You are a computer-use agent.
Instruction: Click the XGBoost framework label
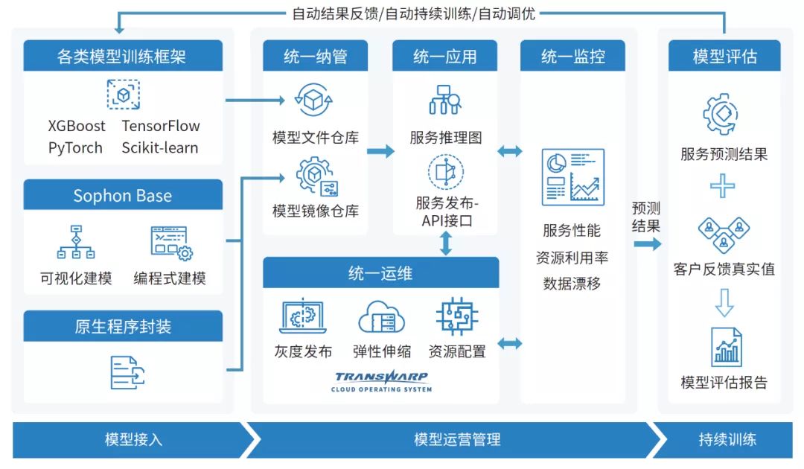[x=77, y=126]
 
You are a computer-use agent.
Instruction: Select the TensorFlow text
[x=161, y=126]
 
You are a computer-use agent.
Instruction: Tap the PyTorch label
[x=75, y=147]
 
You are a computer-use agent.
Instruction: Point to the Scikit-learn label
[x=160, y=147]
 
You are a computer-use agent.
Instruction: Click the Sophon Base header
[x=123, y=196]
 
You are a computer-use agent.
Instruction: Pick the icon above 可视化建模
[x=76, y=242]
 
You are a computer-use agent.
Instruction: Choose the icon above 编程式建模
[x=170, y=242]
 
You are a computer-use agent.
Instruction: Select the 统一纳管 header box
[x=315, y=57]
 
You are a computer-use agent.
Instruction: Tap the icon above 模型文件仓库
[x=315, y=100]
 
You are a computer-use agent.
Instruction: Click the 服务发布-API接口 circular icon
[x=446, y=171]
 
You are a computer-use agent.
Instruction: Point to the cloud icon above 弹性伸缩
[x=382, y=316]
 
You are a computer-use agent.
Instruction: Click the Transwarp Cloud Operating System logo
[x=382, y=381]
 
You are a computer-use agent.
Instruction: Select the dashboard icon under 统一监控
[x=572, y=176]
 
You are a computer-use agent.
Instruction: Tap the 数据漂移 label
[x=572, y=284]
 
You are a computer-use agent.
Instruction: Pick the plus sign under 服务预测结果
[x=723, y=185]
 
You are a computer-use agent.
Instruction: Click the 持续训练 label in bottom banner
[x=727, y=439]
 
